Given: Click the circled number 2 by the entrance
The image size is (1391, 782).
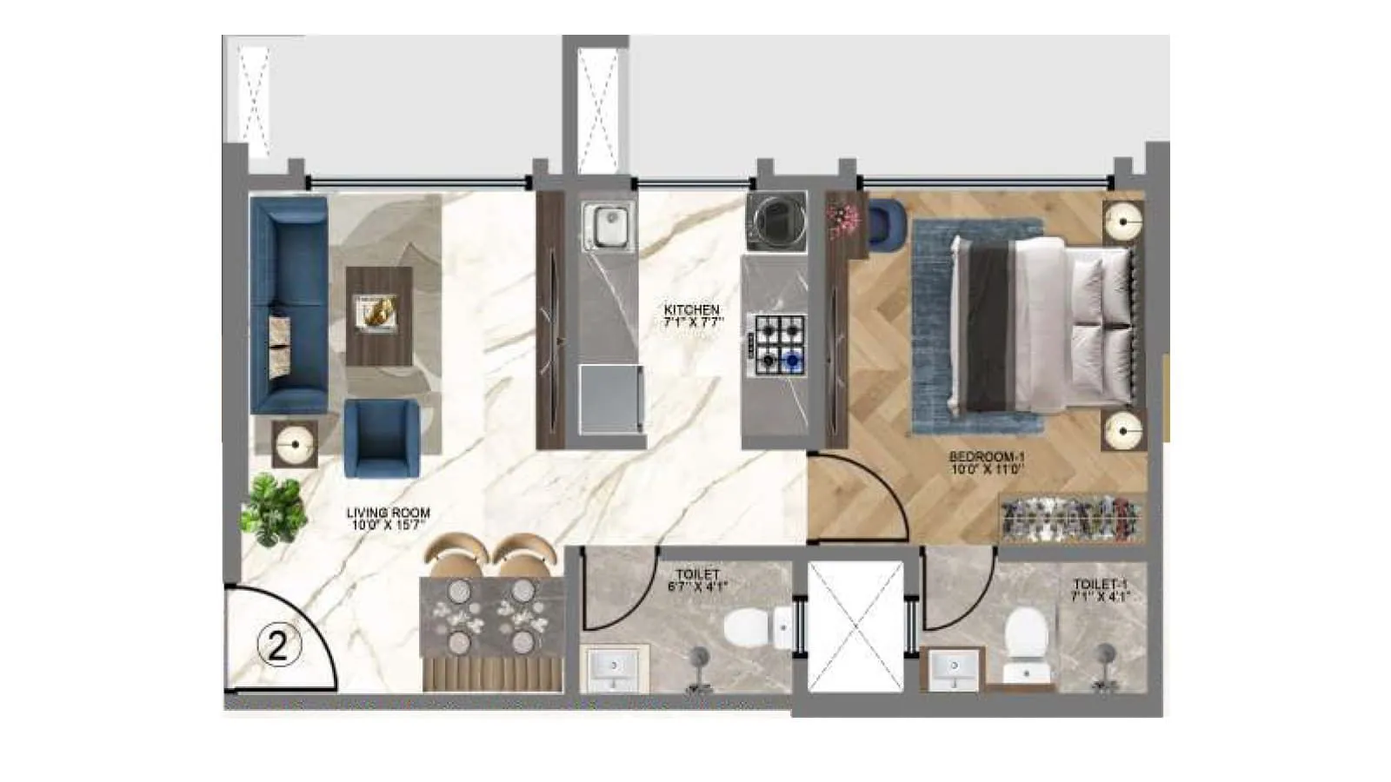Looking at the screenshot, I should (x=278, y=646).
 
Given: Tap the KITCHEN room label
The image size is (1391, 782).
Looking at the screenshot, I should (x=691, y=309).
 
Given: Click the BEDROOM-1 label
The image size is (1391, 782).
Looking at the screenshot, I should (x=987, y=456).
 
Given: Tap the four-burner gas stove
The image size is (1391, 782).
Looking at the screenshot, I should (x=779, y=344).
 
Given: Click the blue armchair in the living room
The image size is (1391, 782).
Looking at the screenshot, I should (x=381, y=438).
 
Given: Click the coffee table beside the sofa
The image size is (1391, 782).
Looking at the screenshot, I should (x=379, y=315).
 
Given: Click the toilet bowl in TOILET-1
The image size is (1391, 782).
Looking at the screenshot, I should (x=1025, y=634).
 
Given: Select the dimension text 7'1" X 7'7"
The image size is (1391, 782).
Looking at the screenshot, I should (x=693, y=322).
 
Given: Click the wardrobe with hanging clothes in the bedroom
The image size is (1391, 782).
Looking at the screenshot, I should (x=1071, y=517).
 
